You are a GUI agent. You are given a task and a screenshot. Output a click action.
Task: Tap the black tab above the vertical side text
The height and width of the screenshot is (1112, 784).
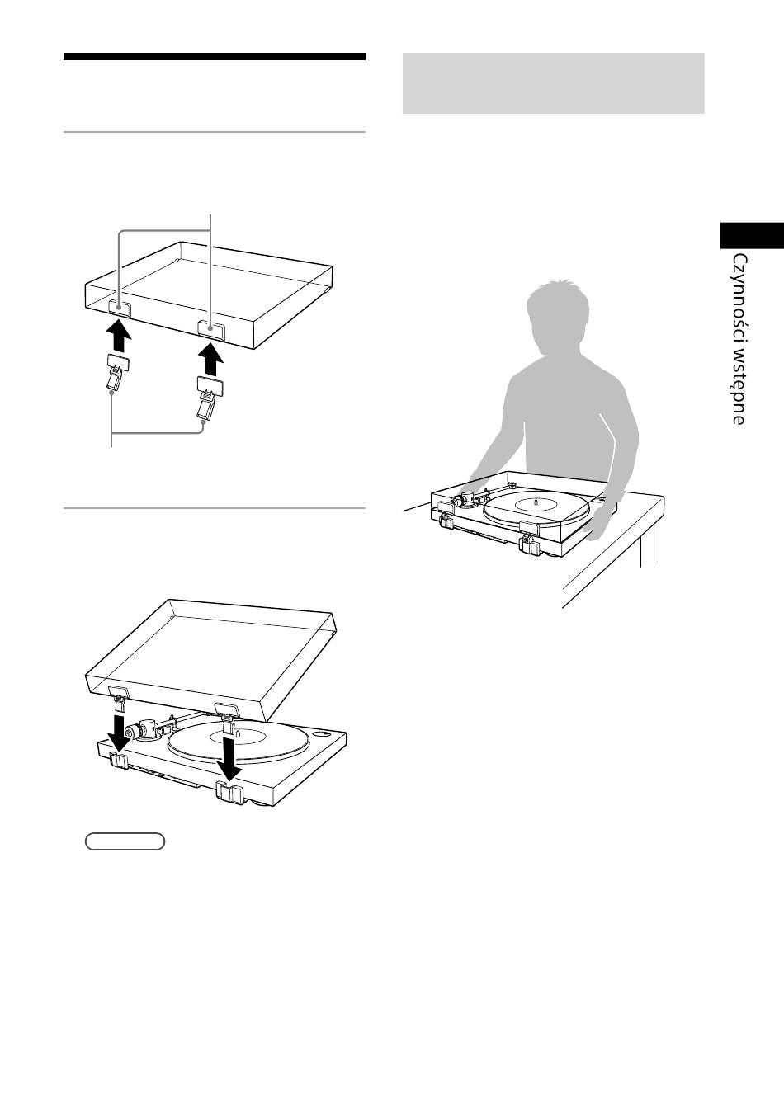752,235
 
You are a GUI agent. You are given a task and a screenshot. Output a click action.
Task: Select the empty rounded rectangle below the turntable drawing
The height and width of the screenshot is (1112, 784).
125,841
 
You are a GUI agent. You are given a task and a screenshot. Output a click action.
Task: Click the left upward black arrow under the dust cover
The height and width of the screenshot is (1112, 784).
120,336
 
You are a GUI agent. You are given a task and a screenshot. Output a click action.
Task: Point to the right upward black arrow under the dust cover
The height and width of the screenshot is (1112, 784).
210,359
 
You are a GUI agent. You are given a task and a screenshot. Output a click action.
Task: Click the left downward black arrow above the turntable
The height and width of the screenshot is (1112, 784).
118,731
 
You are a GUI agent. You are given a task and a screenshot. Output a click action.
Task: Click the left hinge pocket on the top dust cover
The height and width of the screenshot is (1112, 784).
120,309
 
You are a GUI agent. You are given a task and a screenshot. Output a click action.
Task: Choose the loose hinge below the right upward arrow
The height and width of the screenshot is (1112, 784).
209,397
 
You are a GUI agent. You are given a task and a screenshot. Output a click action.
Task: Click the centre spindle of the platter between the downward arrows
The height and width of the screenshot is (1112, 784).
238,733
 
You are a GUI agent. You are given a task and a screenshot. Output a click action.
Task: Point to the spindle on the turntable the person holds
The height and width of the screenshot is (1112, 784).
536,502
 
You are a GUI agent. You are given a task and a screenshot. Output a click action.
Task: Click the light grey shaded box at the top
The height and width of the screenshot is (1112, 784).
553,83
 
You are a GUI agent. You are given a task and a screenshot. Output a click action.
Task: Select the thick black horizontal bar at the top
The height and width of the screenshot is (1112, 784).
215,57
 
